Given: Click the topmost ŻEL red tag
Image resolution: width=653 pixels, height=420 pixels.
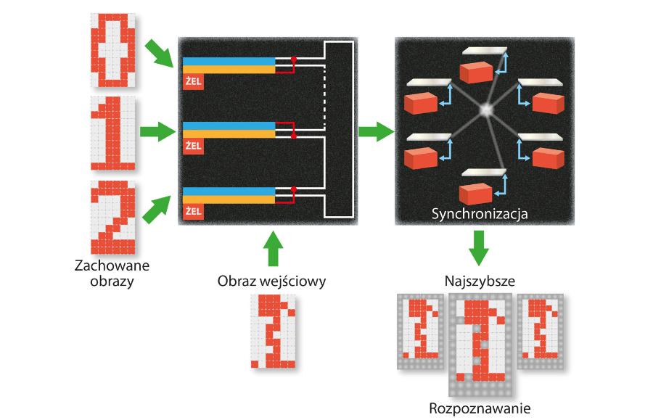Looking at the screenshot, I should tap(193, 81).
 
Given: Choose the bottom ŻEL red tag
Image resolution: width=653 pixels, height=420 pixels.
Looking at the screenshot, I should tap(193, 211).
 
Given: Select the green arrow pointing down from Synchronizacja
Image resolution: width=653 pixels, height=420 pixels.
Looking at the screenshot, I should tap(477, 247).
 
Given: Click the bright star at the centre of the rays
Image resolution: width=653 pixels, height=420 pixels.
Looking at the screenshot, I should tap(486, 110).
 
